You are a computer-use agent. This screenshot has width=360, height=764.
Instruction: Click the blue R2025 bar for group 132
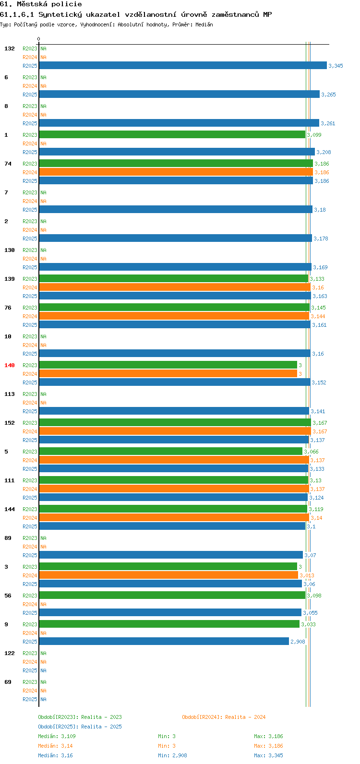point(183,65)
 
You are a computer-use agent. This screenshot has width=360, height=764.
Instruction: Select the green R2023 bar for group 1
point(172,134)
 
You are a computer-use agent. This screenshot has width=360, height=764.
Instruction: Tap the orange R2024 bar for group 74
point(176,172)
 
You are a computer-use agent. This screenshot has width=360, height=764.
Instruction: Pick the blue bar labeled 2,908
point(164,641)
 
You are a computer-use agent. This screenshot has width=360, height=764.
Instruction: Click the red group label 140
point(10,365)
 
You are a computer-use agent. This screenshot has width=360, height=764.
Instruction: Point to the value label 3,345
point(336,66)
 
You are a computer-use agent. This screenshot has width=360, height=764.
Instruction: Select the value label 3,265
point(329,95)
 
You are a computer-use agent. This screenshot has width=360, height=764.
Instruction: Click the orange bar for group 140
point(168,373)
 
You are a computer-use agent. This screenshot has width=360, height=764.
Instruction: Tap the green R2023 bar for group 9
point(169,624)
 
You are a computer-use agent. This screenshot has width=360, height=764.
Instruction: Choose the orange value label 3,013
point(307,575)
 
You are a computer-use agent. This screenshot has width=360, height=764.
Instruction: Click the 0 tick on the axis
point(38,39)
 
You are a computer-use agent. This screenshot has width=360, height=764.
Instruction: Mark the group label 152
point(10,423)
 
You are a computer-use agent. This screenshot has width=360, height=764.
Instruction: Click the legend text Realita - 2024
point(245,717)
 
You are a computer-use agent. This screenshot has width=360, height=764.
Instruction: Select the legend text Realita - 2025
point(101,727)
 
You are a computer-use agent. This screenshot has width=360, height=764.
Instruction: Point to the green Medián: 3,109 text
point(57,736)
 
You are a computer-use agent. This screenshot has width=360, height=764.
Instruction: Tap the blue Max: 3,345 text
point(268,755)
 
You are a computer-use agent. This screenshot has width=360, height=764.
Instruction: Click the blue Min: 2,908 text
point(172,755)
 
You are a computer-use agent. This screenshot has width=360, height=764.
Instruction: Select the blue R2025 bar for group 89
point(171,555)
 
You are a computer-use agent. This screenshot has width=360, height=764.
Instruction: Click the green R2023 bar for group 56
point(172,595)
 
